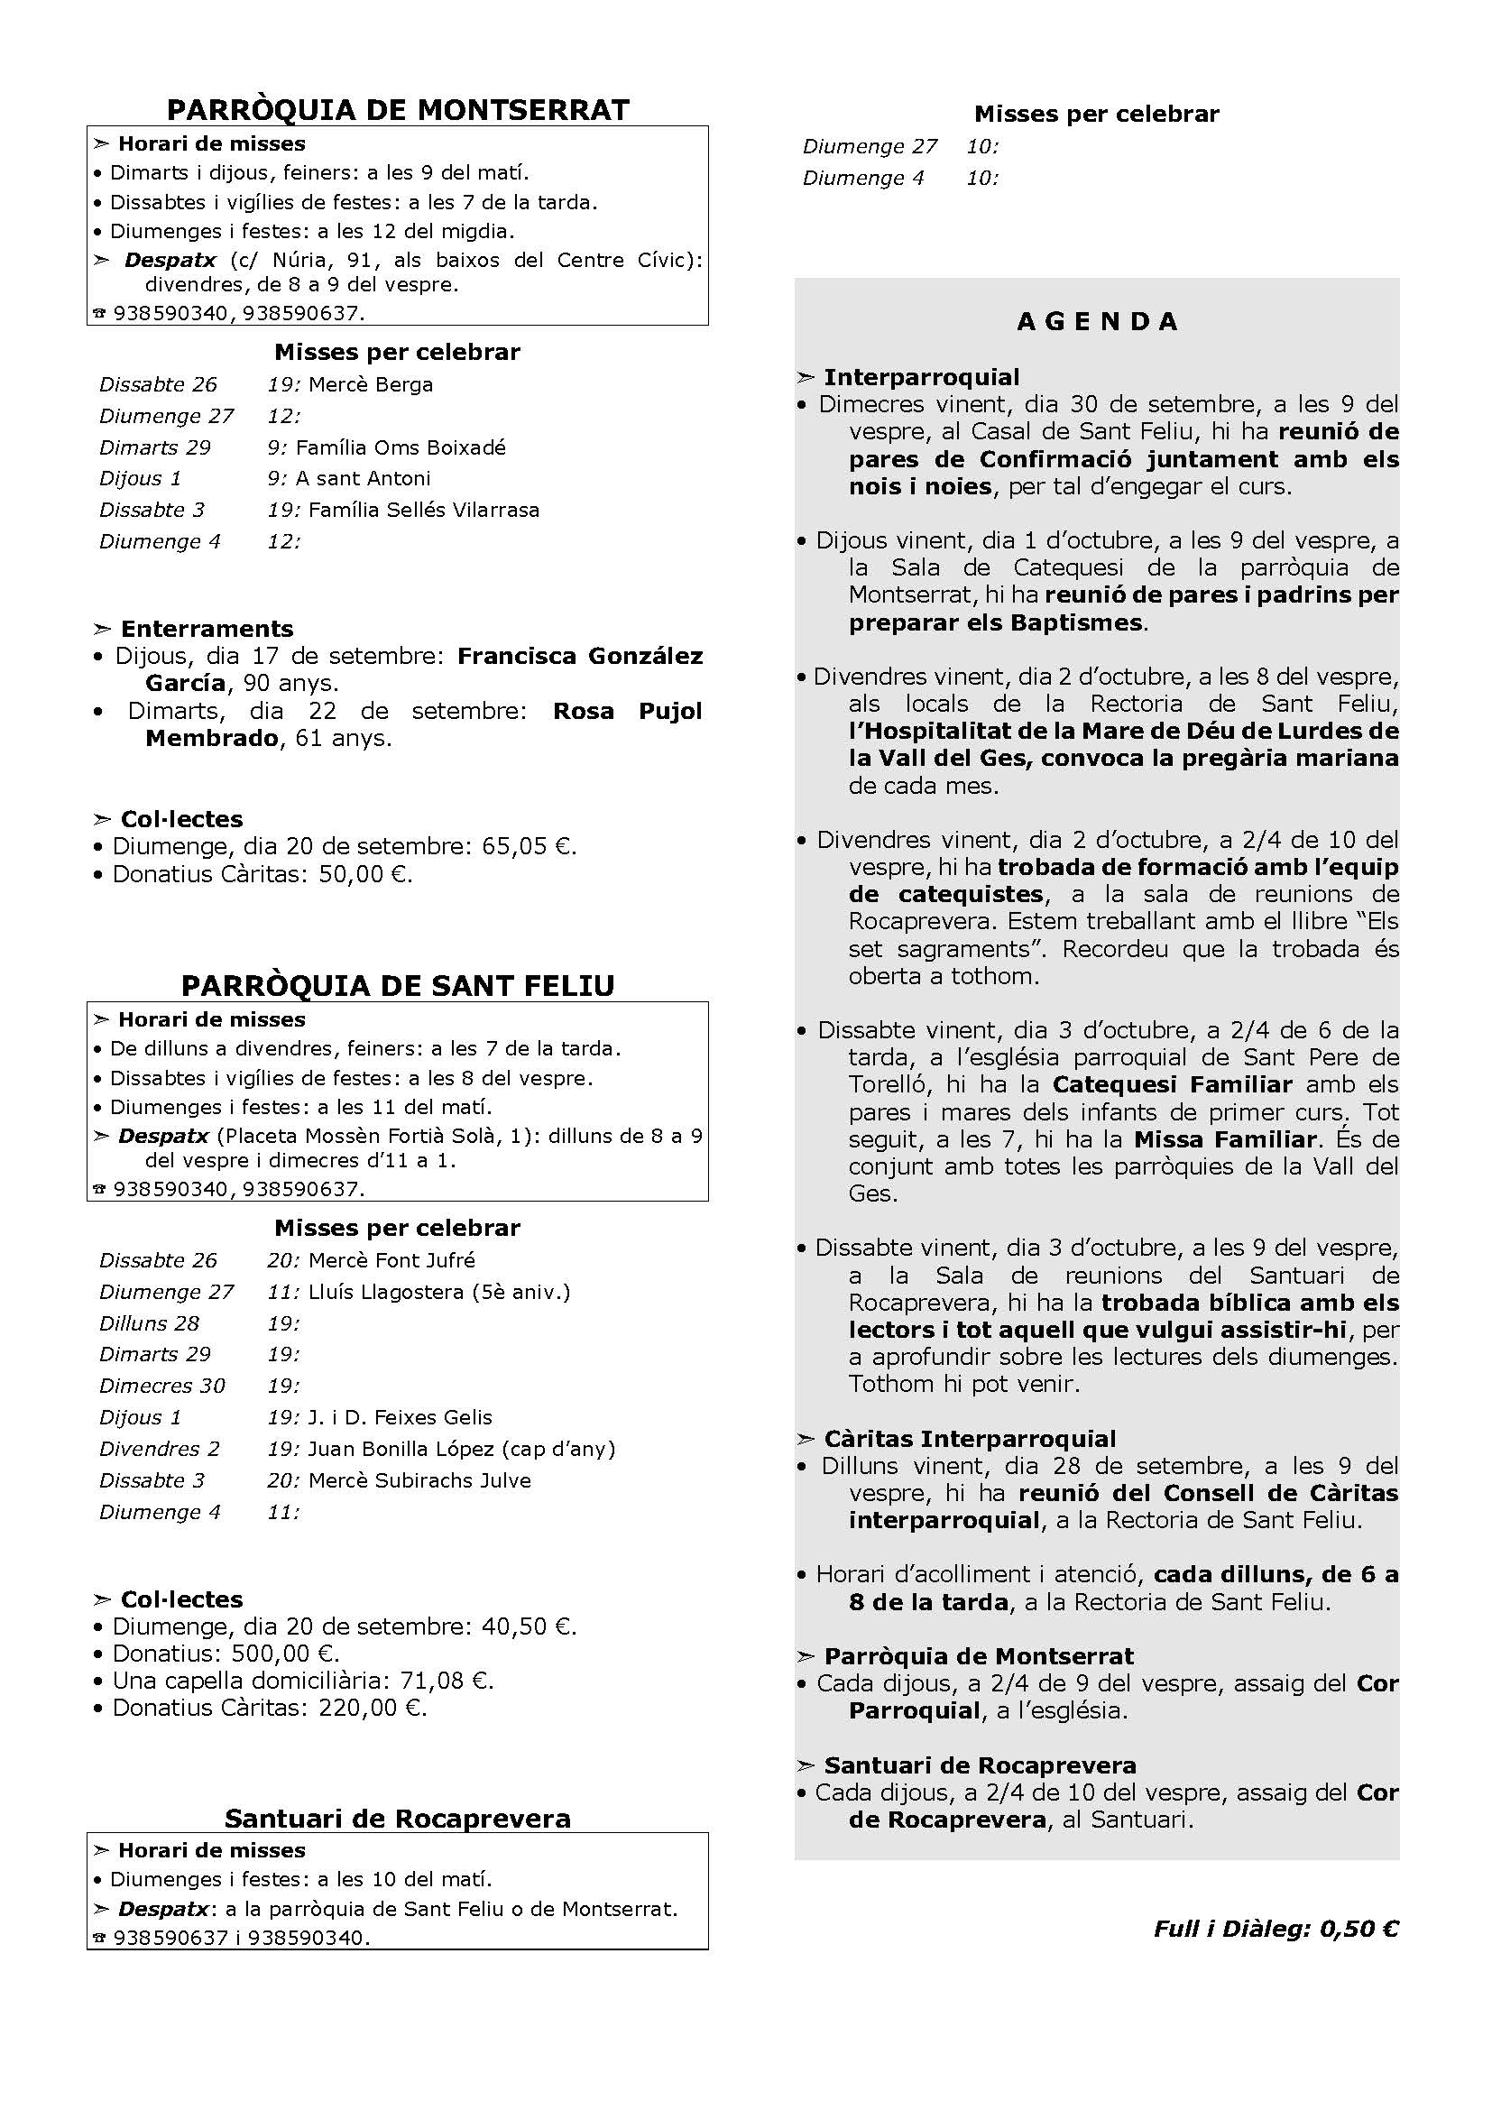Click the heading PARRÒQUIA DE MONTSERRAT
click(398, 110)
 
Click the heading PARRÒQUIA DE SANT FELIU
click(398, 986)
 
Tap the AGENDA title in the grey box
click(1097, 322)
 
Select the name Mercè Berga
click(370, 385)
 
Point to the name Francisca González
click(580, 656)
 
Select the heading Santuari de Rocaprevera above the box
click(398, 1819)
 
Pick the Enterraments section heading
click(207, 630)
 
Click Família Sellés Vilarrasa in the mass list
click(424, 510)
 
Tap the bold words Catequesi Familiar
click(1173, 1085)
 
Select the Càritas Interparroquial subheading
click(969, 1439)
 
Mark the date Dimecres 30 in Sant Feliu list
click(161, 1386)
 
